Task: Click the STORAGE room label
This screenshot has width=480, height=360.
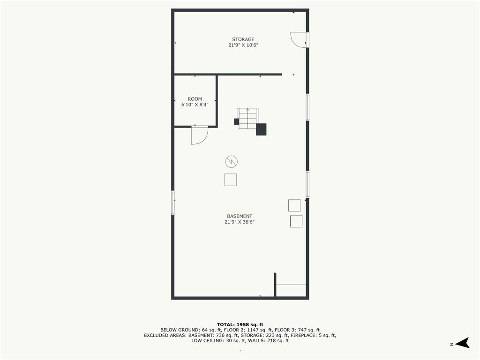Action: tap(243, 39)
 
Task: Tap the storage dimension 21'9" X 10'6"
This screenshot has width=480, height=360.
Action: tap(243, 45)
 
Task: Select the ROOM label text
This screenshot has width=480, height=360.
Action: tap(195, 99)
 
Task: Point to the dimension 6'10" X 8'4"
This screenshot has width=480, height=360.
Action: tap(195, 105)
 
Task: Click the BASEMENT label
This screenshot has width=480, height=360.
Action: tap(240, 216)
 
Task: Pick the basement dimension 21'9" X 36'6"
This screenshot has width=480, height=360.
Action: tap(240, 222)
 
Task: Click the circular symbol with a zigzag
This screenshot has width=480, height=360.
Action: tap(232, 162)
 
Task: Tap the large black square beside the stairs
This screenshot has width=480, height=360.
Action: tap(261, 129)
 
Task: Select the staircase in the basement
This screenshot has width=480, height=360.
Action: tap(248, 119)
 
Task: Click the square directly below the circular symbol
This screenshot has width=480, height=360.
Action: tap(231, 180)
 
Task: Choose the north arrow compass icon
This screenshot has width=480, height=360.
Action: tap(462, 343)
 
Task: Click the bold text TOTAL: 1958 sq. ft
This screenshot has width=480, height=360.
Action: tap(240, 324)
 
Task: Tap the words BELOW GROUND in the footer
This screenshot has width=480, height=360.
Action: tap(180, 330)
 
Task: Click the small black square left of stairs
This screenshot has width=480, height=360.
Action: tap(236, 121)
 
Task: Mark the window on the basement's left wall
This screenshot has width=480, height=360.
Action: tap(173, 202)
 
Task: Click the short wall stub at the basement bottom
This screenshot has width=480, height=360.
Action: tap(275, 285)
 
